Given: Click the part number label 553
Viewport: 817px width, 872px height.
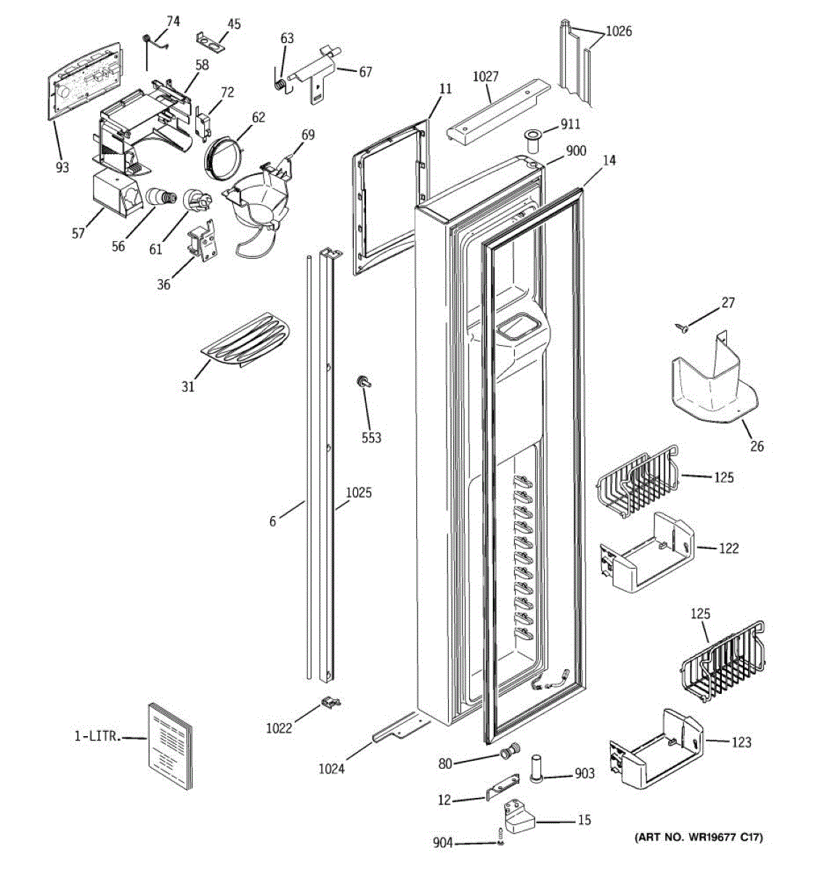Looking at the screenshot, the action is click(371, 437).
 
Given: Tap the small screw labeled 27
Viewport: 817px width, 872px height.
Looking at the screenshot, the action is click(682, 327).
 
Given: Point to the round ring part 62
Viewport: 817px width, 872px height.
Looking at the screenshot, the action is click(223, 156).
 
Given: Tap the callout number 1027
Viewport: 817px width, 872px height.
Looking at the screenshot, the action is click(486, 76).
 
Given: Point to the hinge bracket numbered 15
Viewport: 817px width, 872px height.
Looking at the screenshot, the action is click(519, 815).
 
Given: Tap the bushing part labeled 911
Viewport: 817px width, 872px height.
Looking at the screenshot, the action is click(532, 142).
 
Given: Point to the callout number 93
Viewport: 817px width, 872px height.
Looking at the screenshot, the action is click(62, 167).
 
